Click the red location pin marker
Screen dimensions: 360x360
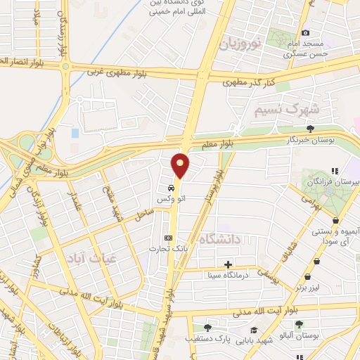pos(181,166)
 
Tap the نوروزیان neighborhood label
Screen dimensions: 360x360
pos(240,44)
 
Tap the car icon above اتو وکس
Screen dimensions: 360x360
pos(171,189)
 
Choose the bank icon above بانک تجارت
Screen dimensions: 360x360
pos(167,238)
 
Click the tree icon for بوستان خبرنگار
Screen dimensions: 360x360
pos(310,128)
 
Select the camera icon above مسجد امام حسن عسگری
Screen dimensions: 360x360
pos(305,32)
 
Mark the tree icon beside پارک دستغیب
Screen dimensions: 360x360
pos(207,328)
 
